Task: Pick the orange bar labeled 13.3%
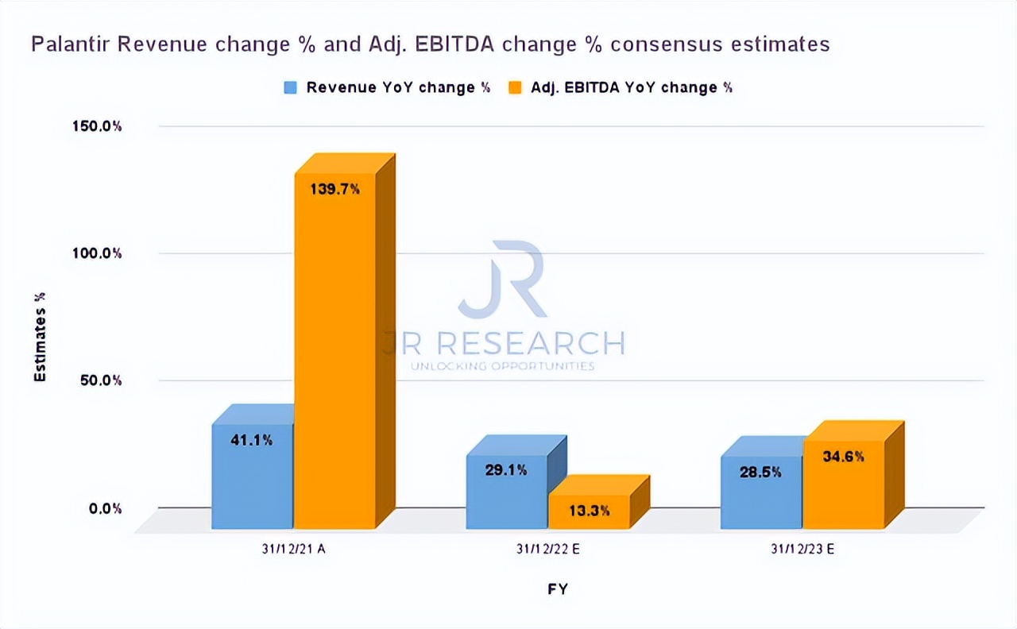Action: click(590, 512)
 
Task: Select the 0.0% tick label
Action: click(106, 508)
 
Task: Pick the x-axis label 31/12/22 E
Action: click(548, 549)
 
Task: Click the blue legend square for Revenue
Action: click(291, 88)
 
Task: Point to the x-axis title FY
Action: click(557, 588)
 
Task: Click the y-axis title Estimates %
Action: click(40, 337)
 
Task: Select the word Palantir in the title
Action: click(69, 44)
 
